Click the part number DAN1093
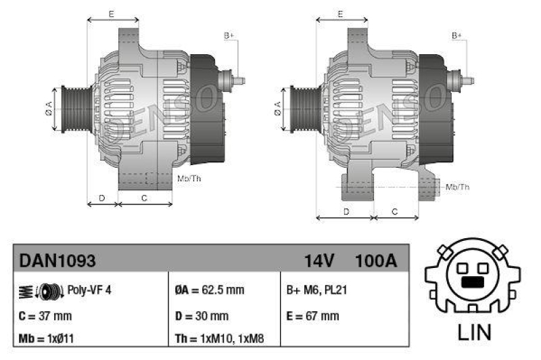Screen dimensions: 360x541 pos(57,260)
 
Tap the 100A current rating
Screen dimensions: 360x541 pos(376,260)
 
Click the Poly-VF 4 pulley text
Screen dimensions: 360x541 pos(89,290)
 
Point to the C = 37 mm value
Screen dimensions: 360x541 pos(45,315)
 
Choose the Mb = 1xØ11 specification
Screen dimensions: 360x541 pos(47,338)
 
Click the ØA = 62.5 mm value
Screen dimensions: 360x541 pos(209,290)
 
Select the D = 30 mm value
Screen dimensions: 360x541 pos(201,315)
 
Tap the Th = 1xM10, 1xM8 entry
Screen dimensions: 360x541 pos(220,338)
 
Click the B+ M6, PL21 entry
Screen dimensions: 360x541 pos(316,290)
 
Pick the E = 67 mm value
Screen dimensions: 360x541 pos(312,315)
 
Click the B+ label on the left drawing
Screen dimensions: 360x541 pos(229,35)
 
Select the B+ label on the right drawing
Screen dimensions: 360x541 pos(457,35)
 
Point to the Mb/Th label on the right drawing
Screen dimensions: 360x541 pos(457,187)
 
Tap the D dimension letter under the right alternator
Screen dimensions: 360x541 pos(346,212)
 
